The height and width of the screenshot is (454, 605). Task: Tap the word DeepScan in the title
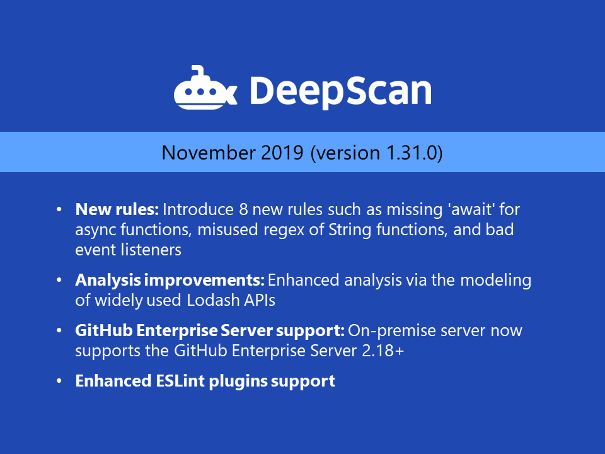pos(340,90)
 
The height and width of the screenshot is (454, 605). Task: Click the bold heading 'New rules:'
pos(117,209)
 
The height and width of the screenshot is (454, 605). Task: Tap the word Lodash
pos(214,300)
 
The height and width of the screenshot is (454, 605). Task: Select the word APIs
pos(260,300)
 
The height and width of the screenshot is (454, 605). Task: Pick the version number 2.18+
pos(381,351)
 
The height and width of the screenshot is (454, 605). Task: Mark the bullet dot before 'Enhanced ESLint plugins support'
pos(59,381)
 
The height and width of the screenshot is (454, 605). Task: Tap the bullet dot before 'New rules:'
pos(59,209)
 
